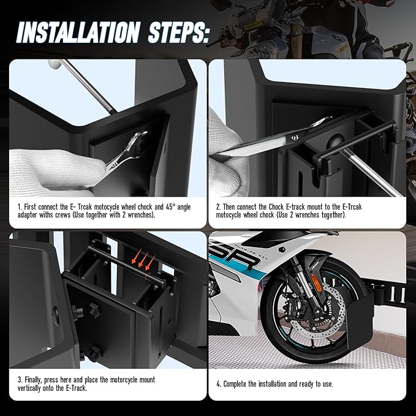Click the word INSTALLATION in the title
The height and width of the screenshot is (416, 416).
click(x=78, y=32)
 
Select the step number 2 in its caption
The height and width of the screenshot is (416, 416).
click(x=218, y=207)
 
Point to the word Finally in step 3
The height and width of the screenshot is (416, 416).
click(x=33, y=380)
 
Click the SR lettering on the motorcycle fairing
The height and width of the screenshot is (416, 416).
click(x=236, y=259)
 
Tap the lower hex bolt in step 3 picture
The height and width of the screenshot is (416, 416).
click(x=96, y=353)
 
